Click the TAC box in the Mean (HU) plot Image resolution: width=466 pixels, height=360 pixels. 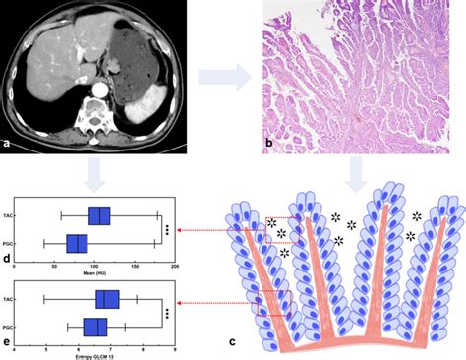pos(99,216)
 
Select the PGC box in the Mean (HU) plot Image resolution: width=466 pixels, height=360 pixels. pos(77,242)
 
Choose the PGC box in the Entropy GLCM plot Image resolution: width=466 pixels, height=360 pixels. pos(96,326)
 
